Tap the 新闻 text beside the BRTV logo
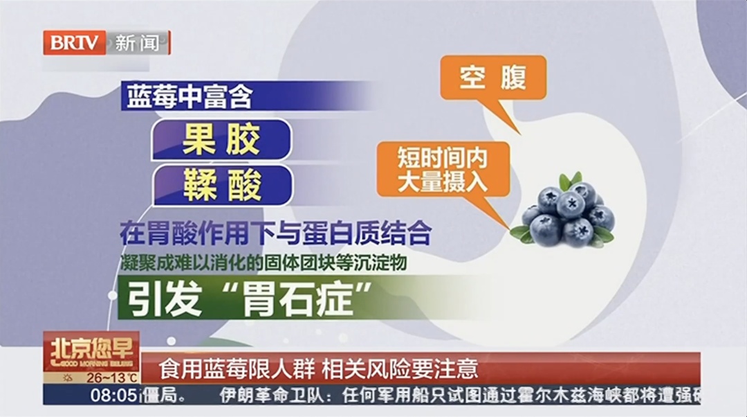coord(136,43)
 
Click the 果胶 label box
coord(221,141)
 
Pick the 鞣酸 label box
coord(221,184)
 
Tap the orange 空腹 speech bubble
coord(492,77)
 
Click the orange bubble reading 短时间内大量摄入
coord(442,169)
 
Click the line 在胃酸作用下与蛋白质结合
coord(275,233)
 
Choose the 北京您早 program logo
coord(91,351)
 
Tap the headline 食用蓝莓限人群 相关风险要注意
coord(318,368)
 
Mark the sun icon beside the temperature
coord(67,378)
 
